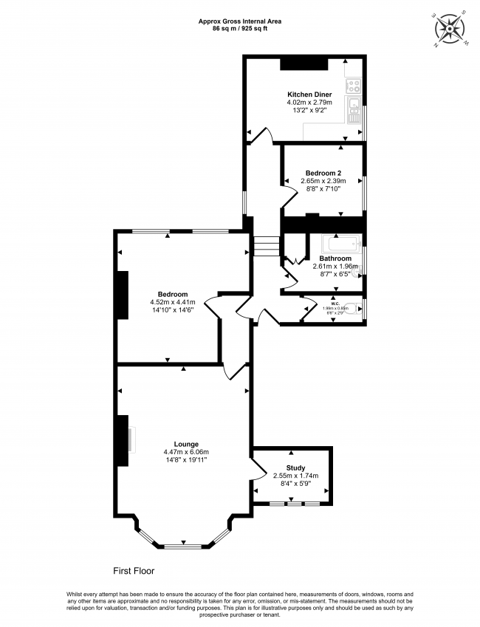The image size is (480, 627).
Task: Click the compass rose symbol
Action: point(451,29)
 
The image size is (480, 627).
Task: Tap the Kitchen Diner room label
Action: point(309,95)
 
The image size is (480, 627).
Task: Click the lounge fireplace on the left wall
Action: point(121,441)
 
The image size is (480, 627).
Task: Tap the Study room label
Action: point(295,468)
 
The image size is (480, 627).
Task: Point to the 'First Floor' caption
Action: point(134,571)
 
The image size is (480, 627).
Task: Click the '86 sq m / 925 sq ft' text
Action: point(239,29)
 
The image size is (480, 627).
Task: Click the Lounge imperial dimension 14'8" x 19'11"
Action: point(185,460)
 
